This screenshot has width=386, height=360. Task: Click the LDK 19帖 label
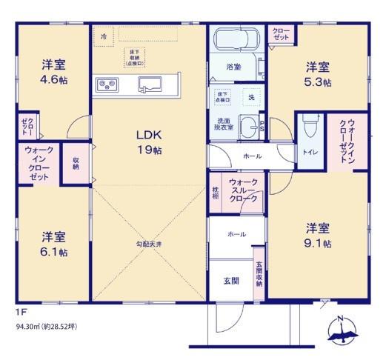148,142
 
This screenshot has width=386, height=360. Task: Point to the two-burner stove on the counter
105,84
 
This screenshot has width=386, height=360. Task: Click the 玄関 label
230,281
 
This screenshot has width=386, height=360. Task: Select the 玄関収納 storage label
259,275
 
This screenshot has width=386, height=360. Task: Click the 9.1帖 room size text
319,242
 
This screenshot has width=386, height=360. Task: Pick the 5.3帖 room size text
319,82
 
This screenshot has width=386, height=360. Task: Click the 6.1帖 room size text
54,252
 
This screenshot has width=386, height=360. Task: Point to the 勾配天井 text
148,243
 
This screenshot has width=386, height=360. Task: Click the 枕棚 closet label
216,190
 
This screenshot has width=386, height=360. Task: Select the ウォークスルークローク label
243,190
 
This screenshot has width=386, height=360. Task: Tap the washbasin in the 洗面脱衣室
250,125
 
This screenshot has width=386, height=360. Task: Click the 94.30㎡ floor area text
44,325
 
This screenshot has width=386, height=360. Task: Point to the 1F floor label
20,312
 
